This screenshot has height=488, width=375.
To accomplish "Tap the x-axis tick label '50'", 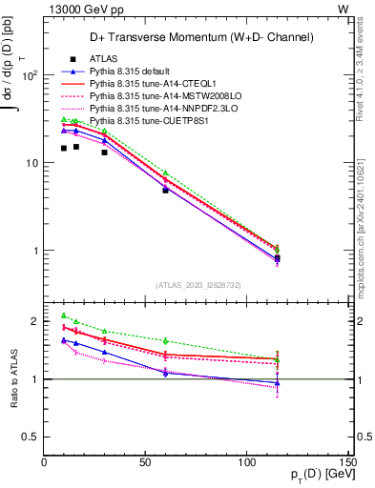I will (x=146, y=463).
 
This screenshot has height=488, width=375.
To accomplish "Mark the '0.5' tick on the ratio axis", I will (x=31, y=437).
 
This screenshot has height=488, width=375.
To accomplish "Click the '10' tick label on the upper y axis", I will (x=30, y=163).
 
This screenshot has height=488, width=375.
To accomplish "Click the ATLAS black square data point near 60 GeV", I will (x=165, y=191).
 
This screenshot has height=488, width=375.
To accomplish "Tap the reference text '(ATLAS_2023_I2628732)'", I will (x=198, y=285).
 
